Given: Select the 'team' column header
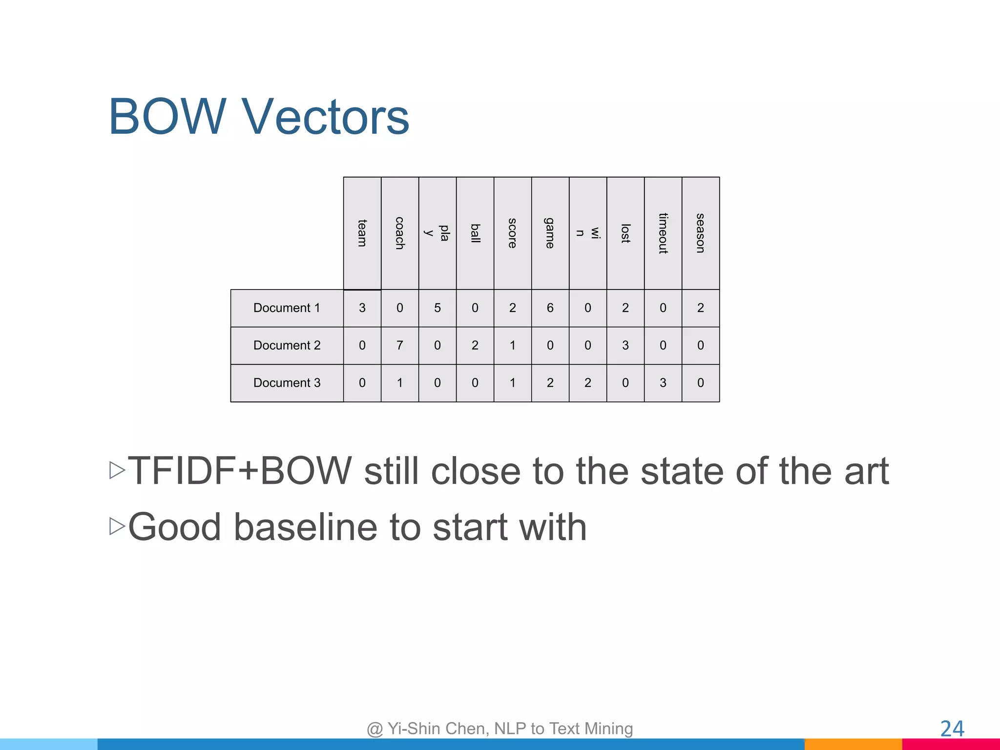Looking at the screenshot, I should click(x=362, y=233).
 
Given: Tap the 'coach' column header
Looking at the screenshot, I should click(x=399, y=233).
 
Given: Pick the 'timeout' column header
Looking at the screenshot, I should click(x=663, y=233).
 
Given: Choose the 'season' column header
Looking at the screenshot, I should click(x=700, y=233).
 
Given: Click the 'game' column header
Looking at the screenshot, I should click(x=550, y=233).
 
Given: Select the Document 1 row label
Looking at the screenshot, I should click(x=287, y=308).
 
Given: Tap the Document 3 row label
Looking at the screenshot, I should click(x=287, y=383).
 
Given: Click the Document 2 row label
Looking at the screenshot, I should click(x=287, y=345).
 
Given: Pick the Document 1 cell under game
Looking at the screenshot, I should click(x=550, y=308).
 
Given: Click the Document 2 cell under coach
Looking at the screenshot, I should click(x=399, y=345).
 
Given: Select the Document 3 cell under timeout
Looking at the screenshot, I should click(x=663, y=383).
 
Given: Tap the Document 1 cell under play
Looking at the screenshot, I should click(x=437, y=308).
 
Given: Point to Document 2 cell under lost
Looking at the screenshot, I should click(x=625, y=345).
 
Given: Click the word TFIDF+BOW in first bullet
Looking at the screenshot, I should click(x=240, y=471).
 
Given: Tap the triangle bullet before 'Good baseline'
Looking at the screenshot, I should click(x=117, y=526).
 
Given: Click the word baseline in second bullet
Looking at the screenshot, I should click(x=305, y=527).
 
